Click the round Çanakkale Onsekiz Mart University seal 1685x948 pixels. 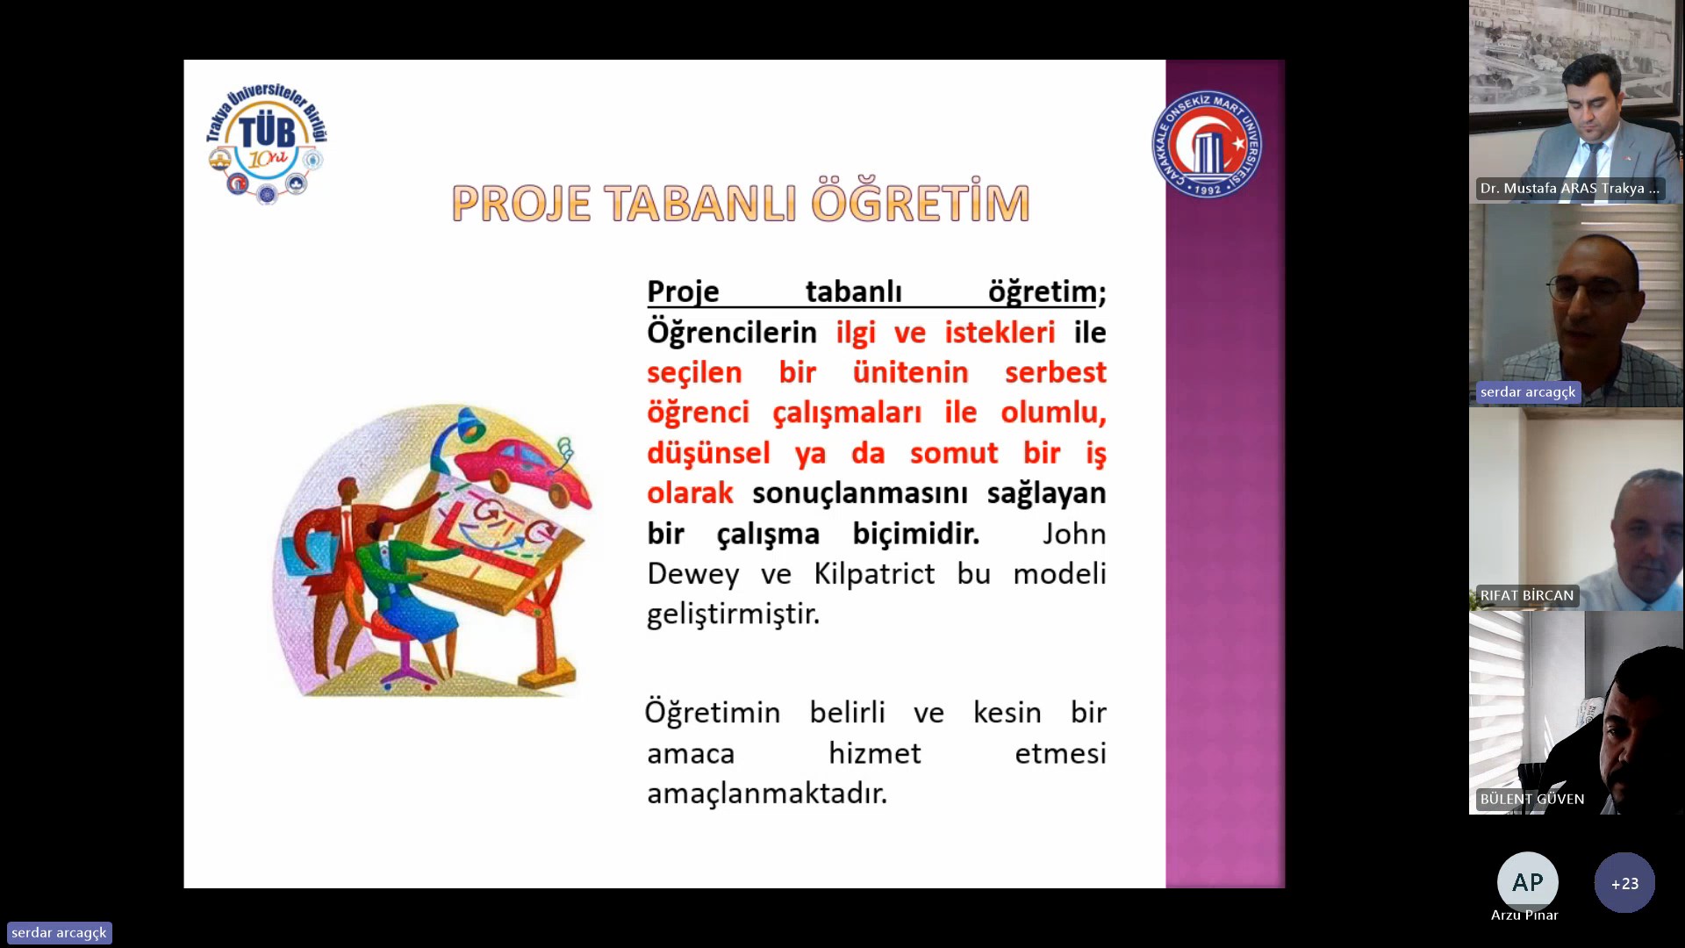1208,144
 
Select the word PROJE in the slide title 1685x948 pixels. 521,204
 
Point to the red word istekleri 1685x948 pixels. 1000,333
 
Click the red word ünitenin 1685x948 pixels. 910,372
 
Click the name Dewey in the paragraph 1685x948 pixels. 692,575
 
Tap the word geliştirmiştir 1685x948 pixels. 734,614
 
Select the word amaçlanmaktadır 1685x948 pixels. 767,794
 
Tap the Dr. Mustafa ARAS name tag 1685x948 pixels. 1569,188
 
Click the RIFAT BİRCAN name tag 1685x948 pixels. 1526,595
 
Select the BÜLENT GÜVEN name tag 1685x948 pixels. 1531,799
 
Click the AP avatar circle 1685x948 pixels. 1527,882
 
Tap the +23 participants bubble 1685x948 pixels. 1624,883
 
